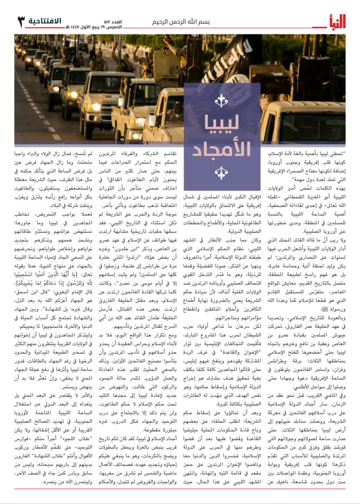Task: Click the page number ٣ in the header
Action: pyautogui.click(x=21, y=22)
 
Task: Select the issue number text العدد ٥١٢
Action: pyautogui.click(x=131, y=18)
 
